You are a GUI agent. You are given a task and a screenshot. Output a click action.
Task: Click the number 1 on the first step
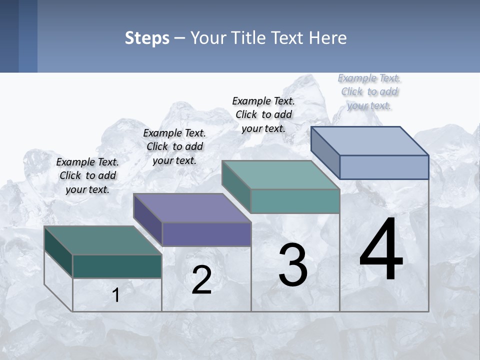coord(116,295)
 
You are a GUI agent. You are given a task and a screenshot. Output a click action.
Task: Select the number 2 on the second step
coord(201,280)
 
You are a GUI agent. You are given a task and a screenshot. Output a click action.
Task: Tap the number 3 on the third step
coord(293,265)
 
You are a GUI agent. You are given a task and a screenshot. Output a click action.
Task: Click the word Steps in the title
coord(147,37)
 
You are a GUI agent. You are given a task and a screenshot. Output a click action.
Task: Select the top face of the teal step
coord(280,175)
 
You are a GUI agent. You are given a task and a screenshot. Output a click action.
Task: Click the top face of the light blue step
coord(370,141)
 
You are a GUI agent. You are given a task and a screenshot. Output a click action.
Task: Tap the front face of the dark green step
coord(117,266)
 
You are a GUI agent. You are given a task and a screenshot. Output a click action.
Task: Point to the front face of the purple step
coord(206,234)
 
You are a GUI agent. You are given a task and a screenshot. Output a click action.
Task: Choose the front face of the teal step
coord(295,201)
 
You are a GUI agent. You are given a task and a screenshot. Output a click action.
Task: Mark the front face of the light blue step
coord(384,167)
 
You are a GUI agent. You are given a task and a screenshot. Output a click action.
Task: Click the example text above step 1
coord(87,175)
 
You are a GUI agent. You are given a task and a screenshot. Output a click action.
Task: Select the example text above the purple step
coord(174,146)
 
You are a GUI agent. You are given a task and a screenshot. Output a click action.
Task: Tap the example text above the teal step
coord(263,114)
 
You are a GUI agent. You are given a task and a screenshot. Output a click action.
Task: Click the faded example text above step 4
coord(369,91)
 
